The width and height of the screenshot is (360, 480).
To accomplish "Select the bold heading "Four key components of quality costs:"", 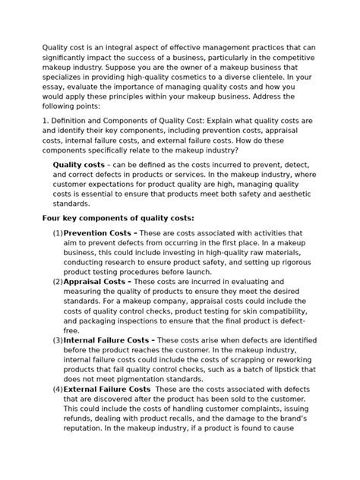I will pos(118,218).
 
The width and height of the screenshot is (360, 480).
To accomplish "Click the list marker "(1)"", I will pos(57,233).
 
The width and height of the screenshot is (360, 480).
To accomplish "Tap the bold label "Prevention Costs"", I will pos(98,233).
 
